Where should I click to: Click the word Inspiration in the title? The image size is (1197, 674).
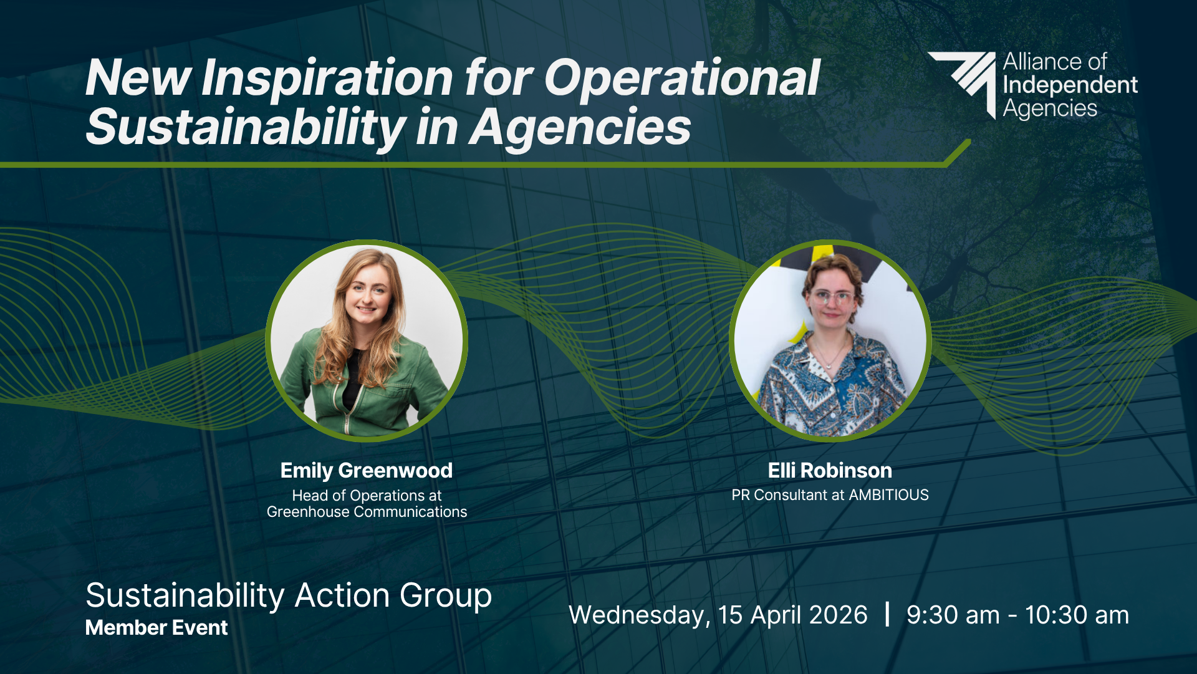click(x=327, y=79)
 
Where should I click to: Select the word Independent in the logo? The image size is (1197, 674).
click(x=1070, y=85)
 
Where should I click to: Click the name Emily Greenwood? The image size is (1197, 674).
click(x=367, y=471)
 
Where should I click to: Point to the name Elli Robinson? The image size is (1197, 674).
click(x=830, y=470)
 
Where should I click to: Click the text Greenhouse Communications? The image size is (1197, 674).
click(x=367, y=512)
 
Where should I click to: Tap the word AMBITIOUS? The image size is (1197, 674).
click(x=888, y=495)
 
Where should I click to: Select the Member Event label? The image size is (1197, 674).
click(x=156, y=628)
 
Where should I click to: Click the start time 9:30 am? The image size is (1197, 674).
click(x=953, y=615)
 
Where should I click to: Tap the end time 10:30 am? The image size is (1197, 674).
click(x=1077, y=615)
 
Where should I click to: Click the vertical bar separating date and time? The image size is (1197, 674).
click(x=887, y=614)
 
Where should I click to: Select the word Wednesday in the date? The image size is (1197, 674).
click(x=639, y=616)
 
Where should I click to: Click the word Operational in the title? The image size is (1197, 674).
click(x=682, y=79)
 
